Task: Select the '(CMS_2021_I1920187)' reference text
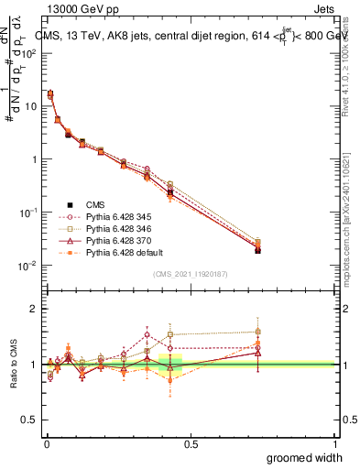pos(190,274)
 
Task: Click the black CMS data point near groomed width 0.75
pos(257,249)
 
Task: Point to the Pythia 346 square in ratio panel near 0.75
pos(257,332)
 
